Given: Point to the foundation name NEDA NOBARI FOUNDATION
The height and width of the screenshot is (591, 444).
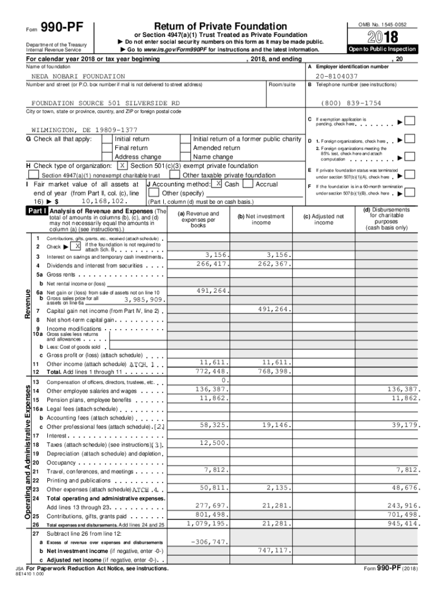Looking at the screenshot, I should tap(78, 76).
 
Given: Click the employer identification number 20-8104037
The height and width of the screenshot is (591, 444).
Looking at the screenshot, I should tap(337, 76).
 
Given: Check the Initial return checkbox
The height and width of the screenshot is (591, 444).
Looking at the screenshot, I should tap(107, 139).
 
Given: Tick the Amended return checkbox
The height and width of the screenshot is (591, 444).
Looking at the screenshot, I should tap(185, 148).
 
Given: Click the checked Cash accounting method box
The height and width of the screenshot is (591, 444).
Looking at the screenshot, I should tap(218, 184).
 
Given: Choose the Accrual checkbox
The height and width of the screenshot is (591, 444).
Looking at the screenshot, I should tap(248, 184).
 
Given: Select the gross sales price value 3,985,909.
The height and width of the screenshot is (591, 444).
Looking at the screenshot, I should tap(145, 300).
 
